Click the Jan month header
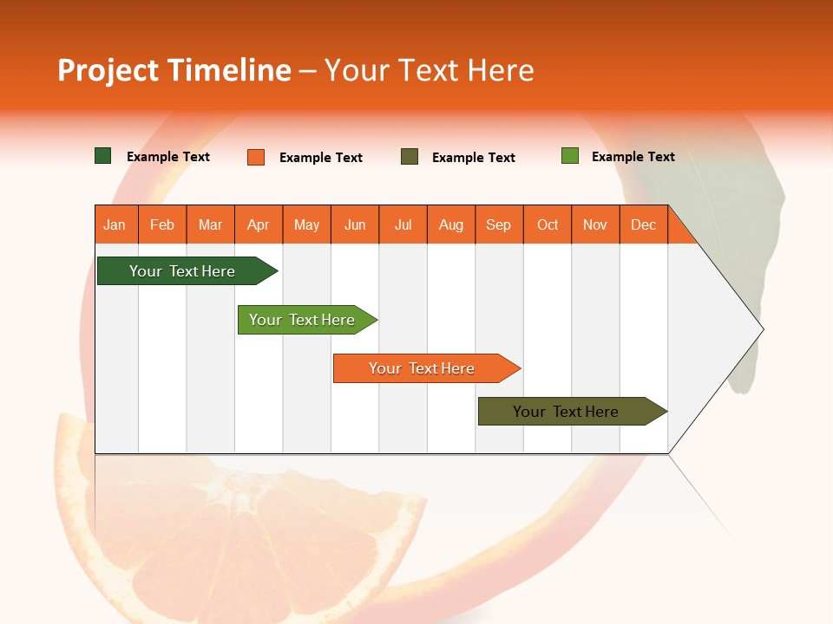(115, 224)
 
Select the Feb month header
(162, 224)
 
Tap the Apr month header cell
(259, 224)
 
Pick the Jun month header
(355, 224)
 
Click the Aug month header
(451, 224)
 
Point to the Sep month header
(499, 224)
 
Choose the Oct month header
(548, 224)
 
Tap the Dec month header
(644, 224)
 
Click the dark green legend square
(103, 156)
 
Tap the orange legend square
(256, 157)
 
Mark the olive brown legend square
(410, 157)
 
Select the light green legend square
(570, 156)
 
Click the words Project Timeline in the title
(174, 70)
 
